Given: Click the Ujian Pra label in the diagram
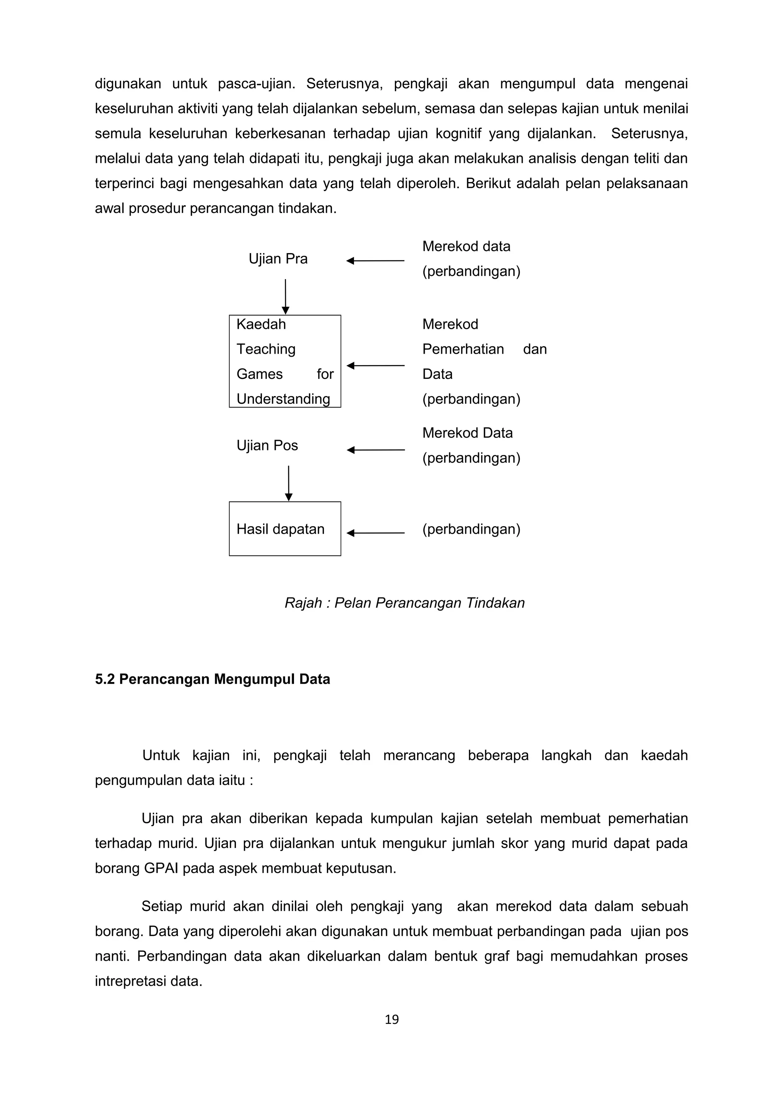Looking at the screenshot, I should [278, 259].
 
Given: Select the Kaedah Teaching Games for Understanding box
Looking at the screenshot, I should [284, 361].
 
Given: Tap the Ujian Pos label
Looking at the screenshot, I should [267, 445].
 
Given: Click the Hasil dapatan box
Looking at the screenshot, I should [284, 529].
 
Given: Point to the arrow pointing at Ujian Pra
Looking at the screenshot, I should [375, 261].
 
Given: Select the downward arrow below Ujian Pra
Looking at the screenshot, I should [285, 296].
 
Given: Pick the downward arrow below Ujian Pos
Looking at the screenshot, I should [289, 483].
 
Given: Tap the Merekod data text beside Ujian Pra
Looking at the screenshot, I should [466, 246].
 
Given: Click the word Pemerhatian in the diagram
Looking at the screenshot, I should [463, 349].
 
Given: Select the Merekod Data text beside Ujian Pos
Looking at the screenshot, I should [467, 433].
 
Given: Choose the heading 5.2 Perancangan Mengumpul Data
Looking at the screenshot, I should [212, 679].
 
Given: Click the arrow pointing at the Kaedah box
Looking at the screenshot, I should [375, 366].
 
